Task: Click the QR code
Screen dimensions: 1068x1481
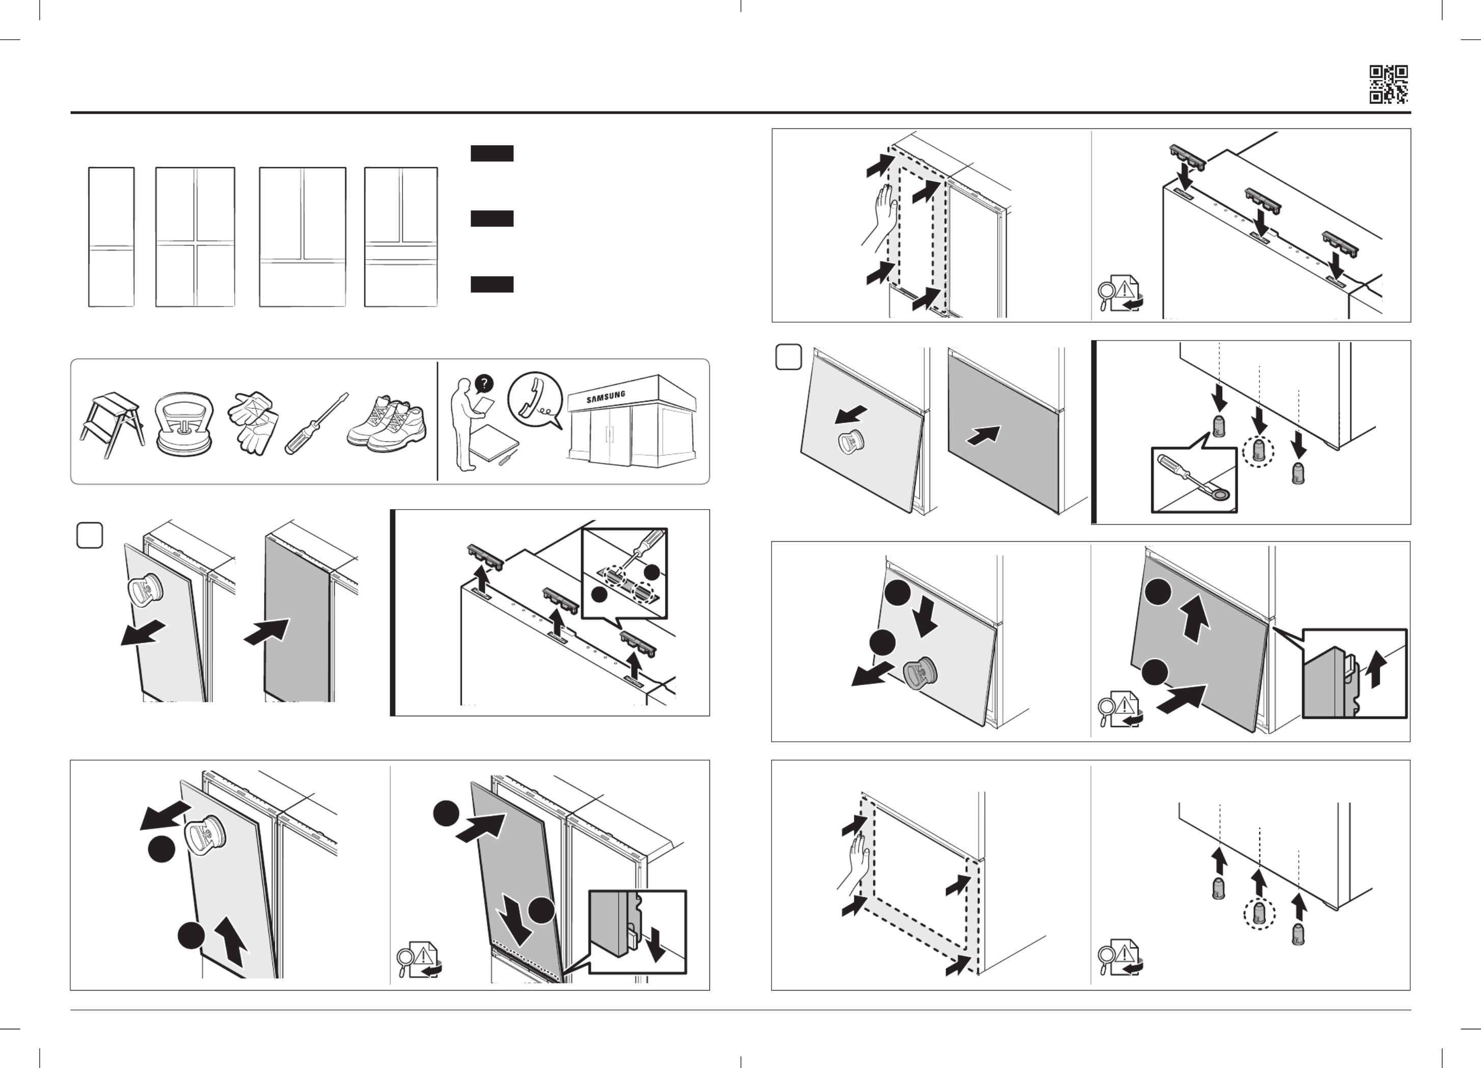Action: pos(1388,84)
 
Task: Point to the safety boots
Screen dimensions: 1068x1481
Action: pos(387,423)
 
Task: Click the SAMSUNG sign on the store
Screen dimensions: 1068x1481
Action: pos(606,396)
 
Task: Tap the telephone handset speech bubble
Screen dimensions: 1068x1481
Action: pos(535,399)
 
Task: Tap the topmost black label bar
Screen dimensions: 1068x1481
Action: pos(491,153)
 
